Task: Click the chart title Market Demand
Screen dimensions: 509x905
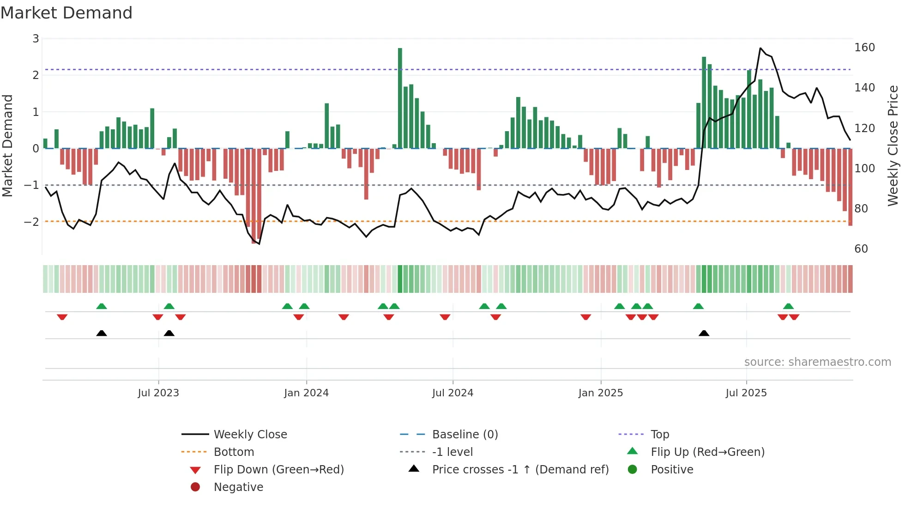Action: pyautogui.click(x=66, y=13)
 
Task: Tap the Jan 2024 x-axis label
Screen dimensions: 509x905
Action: pyautogui.click(x=306, y=393)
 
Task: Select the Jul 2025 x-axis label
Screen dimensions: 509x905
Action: pyautogui.click(x=746, y=393)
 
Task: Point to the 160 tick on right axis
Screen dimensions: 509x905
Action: pyautogui.click(x=864, y=48)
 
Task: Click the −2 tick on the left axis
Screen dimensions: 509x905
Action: pyautogui.click(x=32, y=222)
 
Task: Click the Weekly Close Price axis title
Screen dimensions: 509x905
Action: pyautogui.click(x=893, y=145)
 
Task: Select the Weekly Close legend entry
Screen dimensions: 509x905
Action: pyautogui.click(x=250, y=435)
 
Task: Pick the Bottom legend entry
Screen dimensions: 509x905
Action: pyautogui.click(x=234, y=452)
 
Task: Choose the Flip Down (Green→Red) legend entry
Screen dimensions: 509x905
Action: pyautogui.click(x=278, y=470)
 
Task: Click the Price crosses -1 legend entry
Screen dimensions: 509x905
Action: pyautogui.click(x=520, y=470)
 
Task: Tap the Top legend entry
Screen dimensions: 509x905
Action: pyautogui.click(x=659, y=435)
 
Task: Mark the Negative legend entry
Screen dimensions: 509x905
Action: pyautogui.click(x=238, y=487)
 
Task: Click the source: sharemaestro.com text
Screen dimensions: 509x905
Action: pyautogui.click(x=817, y=362)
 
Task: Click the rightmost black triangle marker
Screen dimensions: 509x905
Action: pyautogui.click(x=704, y=333)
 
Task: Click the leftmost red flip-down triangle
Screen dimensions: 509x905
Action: pyautogui.click(x=62, y=317)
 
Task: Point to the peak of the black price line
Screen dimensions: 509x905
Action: pyautogui.click(x=760, y=48)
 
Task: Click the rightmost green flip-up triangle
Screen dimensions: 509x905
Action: pyautogui.click(x=788, y=306)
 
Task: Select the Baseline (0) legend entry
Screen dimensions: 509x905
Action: pyautogui.click(x=465, y=435)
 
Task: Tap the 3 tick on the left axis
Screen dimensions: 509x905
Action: pyautogui.click(x=36, y=39)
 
